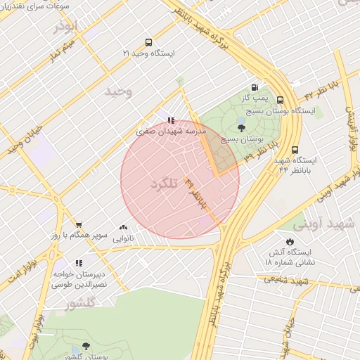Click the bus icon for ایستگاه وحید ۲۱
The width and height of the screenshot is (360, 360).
(x=148, y=42)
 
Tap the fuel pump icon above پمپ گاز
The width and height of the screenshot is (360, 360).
(x=264, y=86)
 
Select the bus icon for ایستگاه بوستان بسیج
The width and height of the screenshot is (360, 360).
(x=280, y=101)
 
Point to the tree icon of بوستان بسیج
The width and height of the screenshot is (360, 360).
(x=242, y=128)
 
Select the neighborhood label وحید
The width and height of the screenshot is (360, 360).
(x=118, y=91)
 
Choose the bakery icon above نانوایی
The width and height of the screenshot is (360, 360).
(x=124, y=228)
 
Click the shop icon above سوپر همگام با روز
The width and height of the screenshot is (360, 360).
(x=78, y=224)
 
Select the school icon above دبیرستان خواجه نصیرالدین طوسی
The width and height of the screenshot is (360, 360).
(x=78, y=263)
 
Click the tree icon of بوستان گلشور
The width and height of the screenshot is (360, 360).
(x=86, y=346)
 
